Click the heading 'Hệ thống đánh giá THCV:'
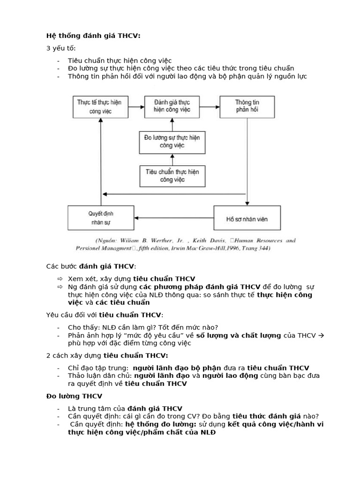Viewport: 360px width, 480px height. (93, 36)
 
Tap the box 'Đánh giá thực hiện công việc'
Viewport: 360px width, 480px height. (172, 107)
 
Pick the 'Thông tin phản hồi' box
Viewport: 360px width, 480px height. (246, 107)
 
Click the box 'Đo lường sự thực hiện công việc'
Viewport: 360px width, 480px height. (172, 142)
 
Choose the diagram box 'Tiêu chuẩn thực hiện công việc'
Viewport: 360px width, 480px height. (172, 175)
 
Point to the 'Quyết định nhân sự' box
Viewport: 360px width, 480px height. (101, 217)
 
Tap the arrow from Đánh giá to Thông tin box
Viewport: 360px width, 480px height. (210, 107)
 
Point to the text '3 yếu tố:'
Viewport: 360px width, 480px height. (61, 48)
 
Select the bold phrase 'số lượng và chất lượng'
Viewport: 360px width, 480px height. (238, 335)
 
